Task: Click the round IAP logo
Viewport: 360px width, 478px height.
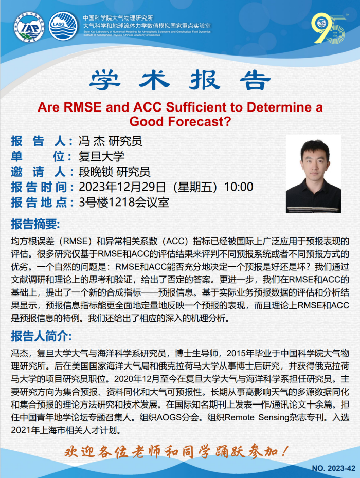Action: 29,27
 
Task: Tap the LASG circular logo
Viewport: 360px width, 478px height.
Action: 63,26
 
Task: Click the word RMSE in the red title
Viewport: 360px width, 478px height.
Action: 82,107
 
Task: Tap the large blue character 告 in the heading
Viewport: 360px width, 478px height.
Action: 255,80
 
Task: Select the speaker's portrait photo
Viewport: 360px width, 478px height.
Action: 313,173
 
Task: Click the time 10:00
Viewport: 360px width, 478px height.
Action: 239,187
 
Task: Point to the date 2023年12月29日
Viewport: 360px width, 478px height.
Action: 122,187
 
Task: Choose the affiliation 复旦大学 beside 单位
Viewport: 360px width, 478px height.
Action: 101,156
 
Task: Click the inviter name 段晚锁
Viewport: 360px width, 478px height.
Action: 96,172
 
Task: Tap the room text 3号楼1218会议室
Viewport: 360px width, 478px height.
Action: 124,202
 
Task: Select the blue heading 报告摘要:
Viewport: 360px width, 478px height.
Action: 35,224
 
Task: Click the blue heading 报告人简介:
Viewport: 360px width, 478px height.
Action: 42,336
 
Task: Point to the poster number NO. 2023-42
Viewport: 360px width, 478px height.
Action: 333,468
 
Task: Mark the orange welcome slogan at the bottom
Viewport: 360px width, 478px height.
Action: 176,451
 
